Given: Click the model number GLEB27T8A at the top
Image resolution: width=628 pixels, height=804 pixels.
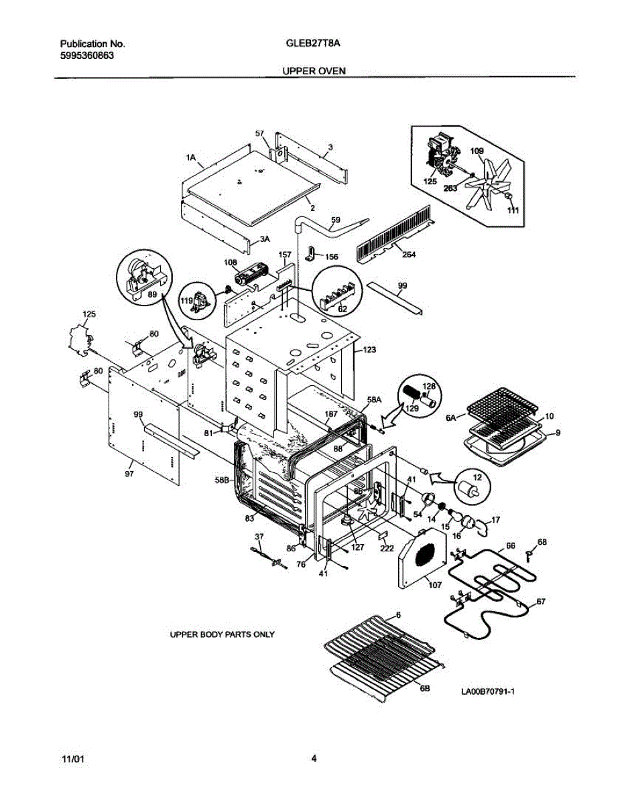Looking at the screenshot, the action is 313,44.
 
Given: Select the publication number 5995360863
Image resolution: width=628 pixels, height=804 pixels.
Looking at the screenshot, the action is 87,56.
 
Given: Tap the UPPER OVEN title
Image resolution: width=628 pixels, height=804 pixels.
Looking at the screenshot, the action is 314,70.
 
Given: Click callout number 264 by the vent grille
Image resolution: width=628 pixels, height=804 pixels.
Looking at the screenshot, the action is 409,255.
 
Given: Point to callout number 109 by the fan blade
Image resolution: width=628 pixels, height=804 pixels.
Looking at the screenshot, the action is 477,151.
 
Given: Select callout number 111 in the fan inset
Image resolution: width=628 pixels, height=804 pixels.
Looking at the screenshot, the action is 513,210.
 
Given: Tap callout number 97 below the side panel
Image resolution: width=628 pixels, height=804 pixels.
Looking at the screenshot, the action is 129,473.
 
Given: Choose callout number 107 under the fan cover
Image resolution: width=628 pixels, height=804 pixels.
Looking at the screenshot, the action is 435,585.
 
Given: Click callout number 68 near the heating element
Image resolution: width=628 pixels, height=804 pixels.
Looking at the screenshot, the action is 542,541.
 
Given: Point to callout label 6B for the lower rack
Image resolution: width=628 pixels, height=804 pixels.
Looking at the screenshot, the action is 425,688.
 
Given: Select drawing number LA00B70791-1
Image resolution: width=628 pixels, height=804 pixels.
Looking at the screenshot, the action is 488,691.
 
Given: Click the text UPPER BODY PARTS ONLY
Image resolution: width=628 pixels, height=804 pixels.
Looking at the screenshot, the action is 222,634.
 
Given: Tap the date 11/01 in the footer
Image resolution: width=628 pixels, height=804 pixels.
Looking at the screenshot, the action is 73,759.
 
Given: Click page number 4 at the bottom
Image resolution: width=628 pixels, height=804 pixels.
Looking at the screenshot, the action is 314,758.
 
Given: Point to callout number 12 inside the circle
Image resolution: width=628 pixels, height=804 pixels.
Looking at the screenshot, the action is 478,477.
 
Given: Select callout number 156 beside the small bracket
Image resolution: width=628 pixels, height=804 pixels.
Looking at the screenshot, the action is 332,257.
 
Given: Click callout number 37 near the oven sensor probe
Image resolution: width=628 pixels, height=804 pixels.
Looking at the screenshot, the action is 259,536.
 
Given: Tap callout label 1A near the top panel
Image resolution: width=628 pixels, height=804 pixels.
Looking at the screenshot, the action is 190,158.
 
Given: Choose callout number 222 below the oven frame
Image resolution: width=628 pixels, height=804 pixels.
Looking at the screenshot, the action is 387,548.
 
